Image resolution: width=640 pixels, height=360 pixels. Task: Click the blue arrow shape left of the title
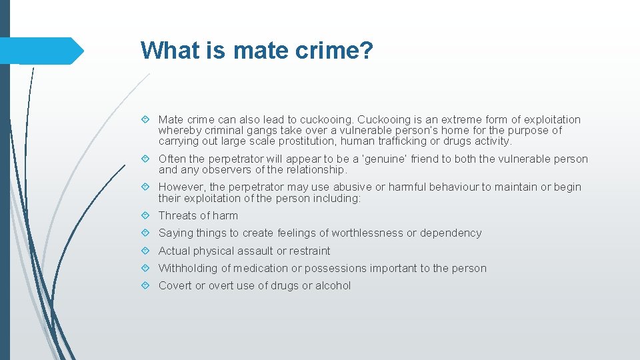click(x=41, y=51)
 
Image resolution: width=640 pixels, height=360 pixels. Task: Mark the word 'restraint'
click(x=310, y=251)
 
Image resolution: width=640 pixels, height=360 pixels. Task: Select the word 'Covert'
click(x=175, y=285)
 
